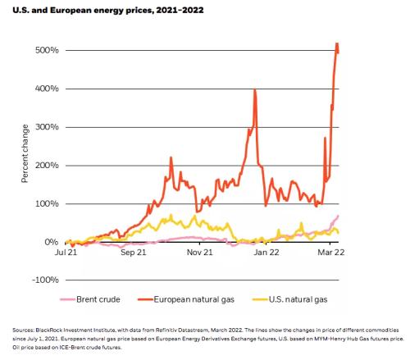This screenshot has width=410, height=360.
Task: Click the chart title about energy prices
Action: point(108,11)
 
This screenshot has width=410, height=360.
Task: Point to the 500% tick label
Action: point(47,50)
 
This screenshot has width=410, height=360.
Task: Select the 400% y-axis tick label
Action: point(47,89)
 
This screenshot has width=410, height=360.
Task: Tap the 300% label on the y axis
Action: point(47,127)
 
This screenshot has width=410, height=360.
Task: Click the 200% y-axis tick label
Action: point(47,166)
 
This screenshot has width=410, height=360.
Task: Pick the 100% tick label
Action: point(47,203)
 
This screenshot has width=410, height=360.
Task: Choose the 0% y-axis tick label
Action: point(52,242)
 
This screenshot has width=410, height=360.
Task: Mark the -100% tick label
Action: point(45,280)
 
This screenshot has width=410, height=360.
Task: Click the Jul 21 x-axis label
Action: point(66,252)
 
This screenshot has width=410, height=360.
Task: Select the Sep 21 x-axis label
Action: point(134,252)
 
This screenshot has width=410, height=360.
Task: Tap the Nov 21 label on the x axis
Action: point(199,252)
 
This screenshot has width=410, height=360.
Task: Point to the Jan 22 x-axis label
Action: point(266,252)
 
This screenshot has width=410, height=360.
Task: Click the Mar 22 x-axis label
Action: point(330,252)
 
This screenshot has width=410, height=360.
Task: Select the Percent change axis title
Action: point(25,153)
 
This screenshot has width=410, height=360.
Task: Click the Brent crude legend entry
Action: point(90,299)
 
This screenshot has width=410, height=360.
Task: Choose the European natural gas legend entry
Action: point(186,299)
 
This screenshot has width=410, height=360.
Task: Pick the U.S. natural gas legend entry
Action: point(289,299)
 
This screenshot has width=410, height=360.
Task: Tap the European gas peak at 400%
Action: point(255,89)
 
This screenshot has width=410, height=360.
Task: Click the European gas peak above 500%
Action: point(337,43)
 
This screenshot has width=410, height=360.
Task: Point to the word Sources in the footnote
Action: point(23,330)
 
